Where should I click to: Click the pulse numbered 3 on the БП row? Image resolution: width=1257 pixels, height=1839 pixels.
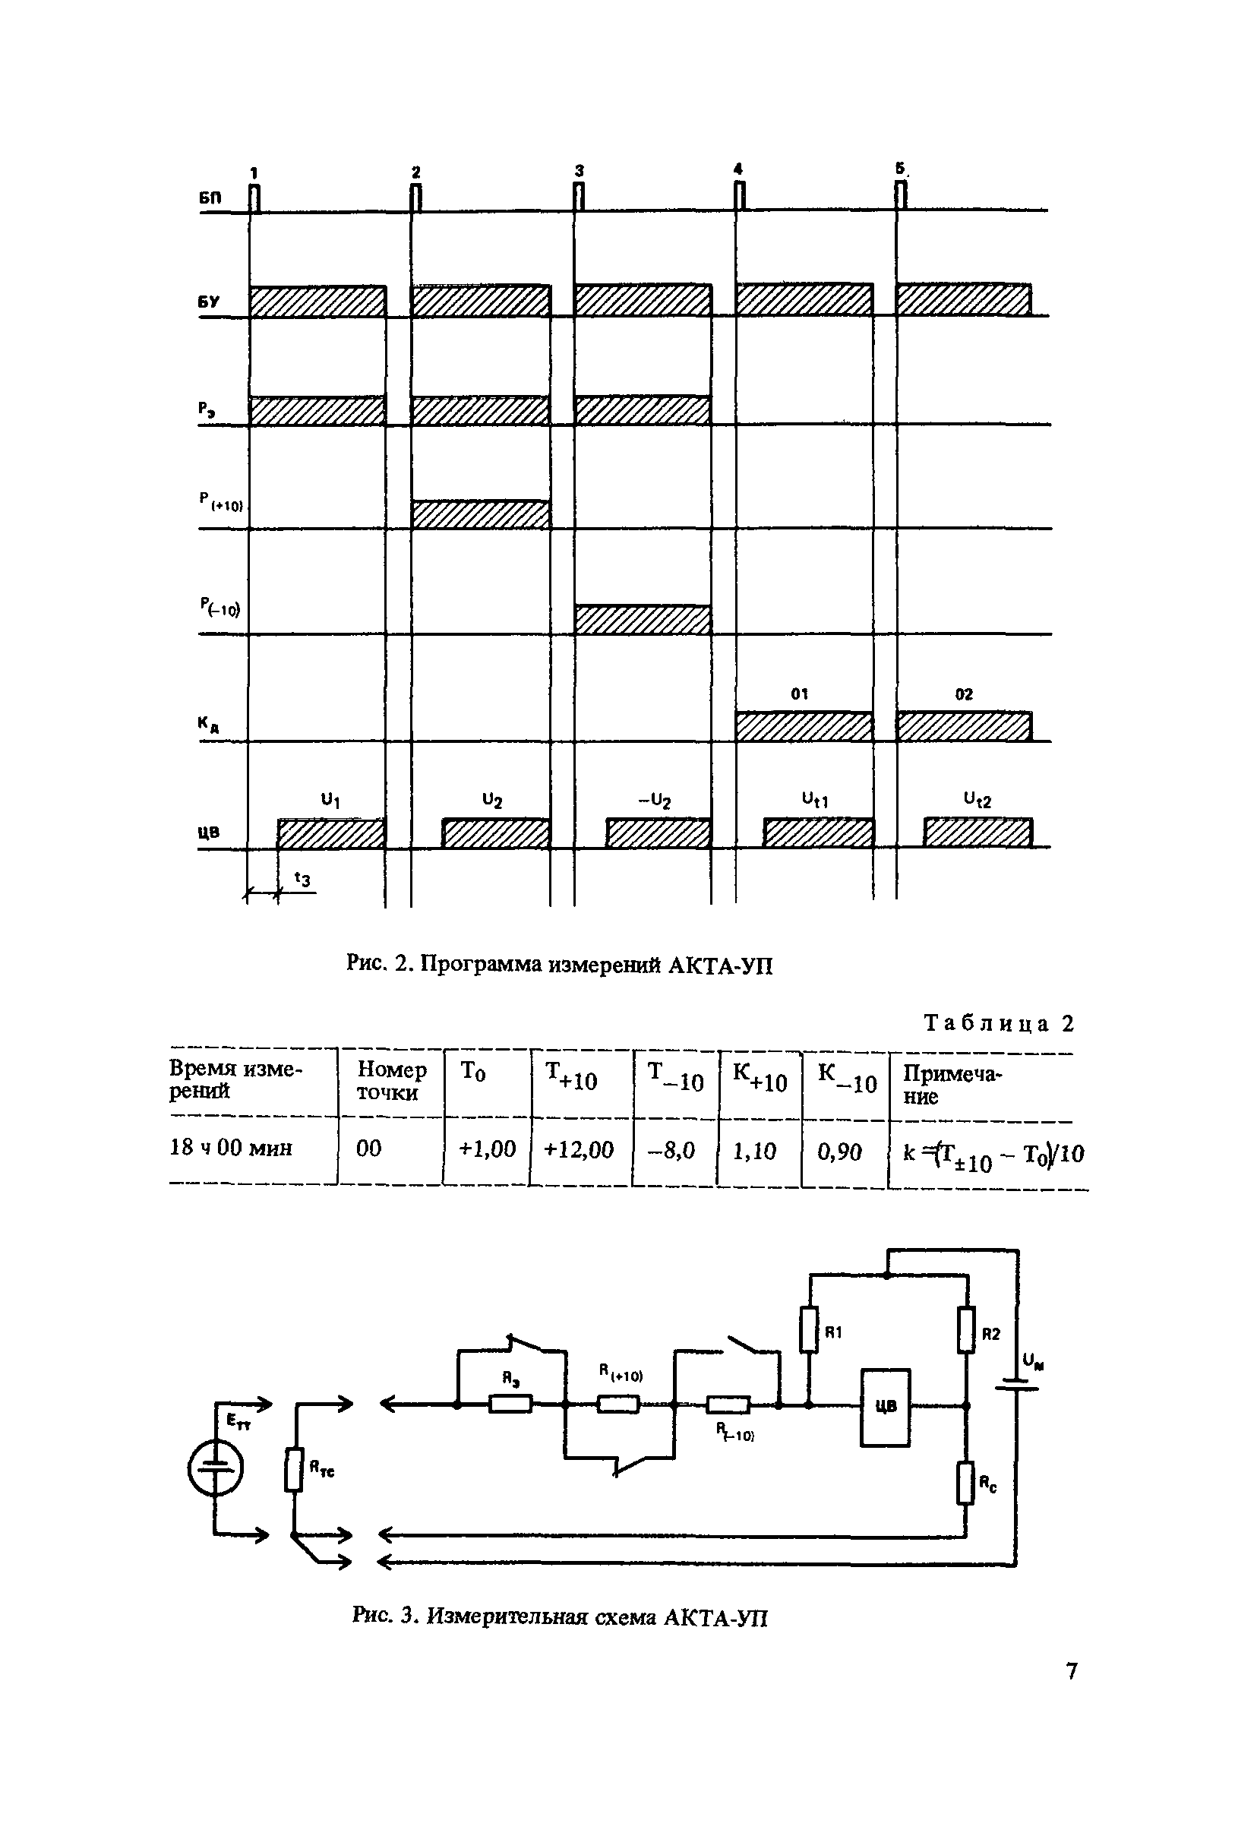(x=578, y=195)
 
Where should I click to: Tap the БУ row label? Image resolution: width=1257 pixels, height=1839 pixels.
(x=210, y=303)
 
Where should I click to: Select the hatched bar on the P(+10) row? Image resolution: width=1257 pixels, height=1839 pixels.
(x=480, y=514)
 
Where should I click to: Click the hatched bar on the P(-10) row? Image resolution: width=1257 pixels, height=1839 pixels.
(x=643, y=620)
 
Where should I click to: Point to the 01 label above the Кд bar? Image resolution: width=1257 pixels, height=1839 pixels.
(x=800, y=694)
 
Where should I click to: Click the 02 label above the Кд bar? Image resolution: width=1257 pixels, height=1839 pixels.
(x=964, y=694)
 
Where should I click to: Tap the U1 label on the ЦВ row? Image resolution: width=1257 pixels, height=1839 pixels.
(x=330, y=801)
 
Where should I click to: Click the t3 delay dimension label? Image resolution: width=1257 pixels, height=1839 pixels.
(x=302, y=878)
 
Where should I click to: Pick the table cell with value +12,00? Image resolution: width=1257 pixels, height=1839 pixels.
(x=579, y=1150)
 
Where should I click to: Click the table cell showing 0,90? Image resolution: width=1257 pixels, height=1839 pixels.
(x=840, y=1152)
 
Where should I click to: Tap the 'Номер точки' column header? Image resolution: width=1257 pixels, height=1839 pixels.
(x=391, y=1081)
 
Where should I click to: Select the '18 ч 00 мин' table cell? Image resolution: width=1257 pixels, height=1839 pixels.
(x=231, y=1149)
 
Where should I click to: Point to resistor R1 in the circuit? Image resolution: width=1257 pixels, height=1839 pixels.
(x=808, y=1330)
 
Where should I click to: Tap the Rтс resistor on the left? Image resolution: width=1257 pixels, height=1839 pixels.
(x=294, y=1470)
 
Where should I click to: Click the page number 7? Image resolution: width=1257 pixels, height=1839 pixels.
(x=1071, y=1671)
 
